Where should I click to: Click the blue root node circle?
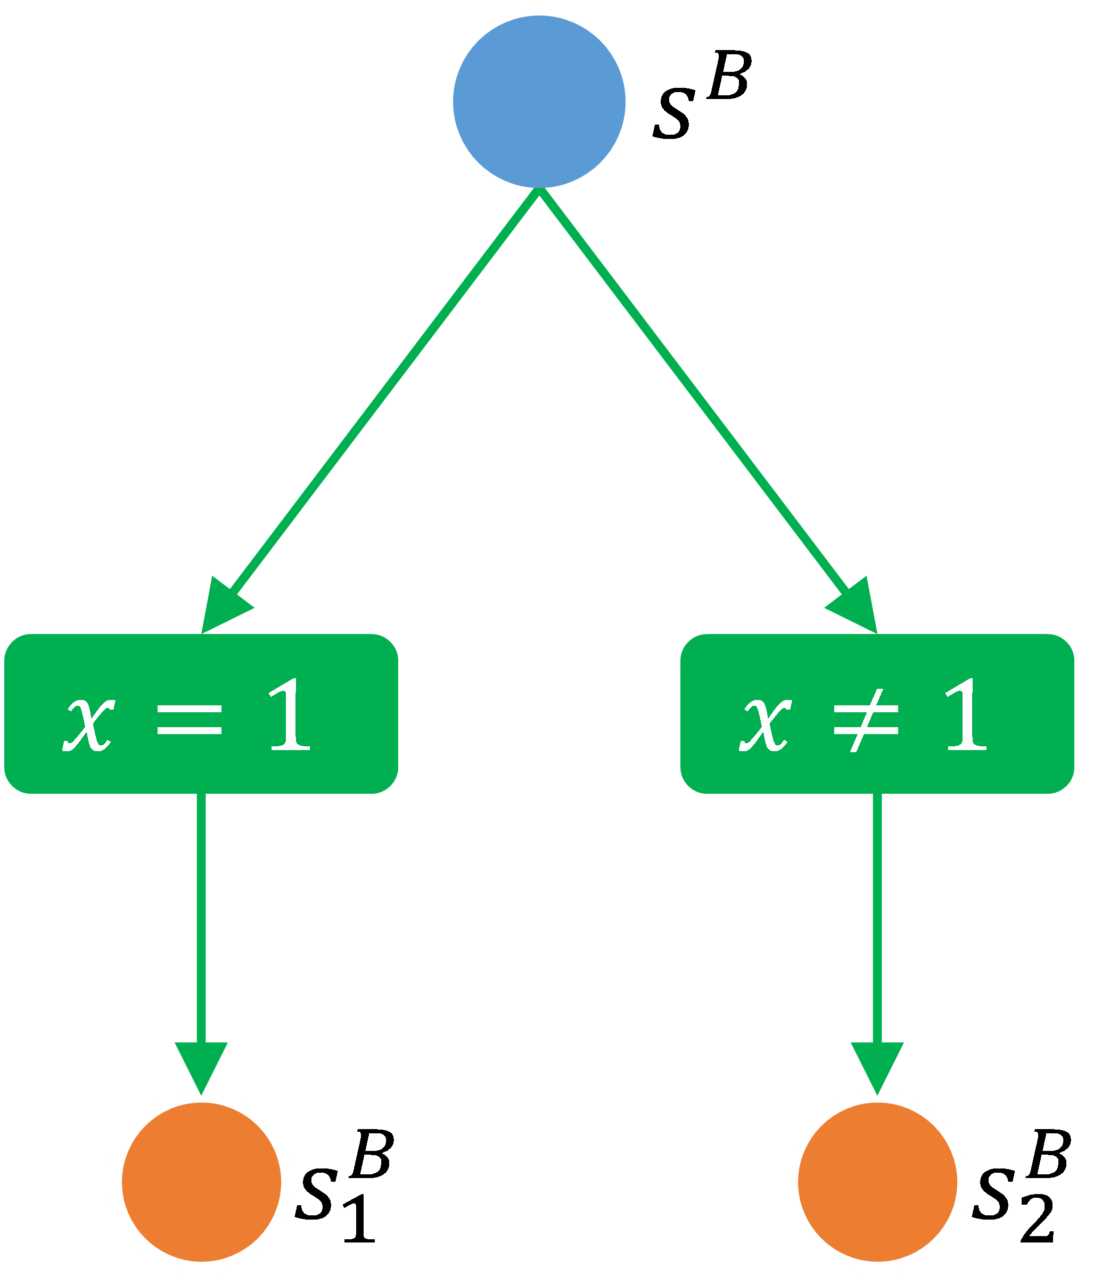pyautogui.click(x=539, y=102)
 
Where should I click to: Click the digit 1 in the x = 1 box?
pyautogui.click(x=290, y=714)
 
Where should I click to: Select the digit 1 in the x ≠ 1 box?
pyautogui.click(x=966, y=714)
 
